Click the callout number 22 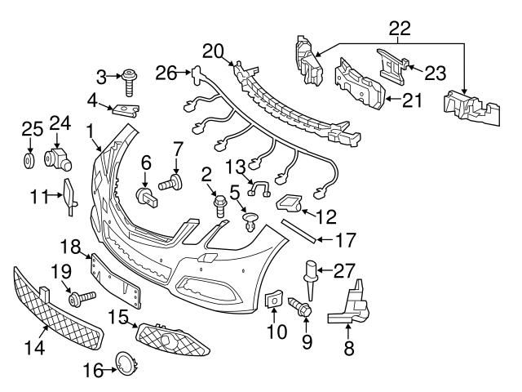399,29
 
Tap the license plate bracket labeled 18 114,279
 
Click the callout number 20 213,51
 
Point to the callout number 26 166,73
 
